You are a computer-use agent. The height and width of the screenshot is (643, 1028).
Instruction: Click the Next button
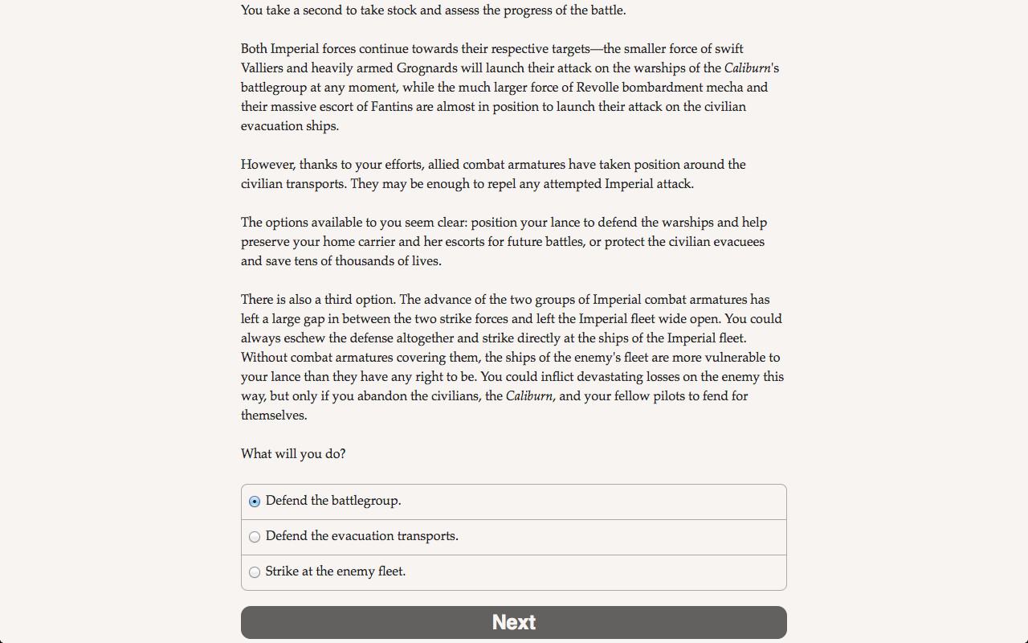pyautogui.click(x=514, y=622)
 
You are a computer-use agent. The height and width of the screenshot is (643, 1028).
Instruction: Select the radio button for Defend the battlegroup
pyautogui.click(x=255, y=502)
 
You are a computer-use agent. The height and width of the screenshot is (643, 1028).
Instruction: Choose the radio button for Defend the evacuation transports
pyautogui.click(x=255, y=537)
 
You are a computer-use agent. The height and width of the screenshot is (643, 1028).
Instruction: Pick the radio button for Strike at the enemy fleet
pyautogui.click(x=255, y=572)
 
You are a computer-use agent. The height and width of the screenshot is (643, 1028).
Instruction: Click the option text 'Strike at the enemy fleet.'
pyautogui.click(x=336, y=571)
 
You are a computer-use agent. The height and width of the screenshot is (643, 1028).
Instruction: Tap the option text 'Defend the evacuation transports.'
pyautogui.click(x=362, y=536)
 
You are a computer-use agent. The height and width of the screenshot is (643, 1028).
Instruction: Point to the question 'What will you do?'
pyautogui.click(x=293, y=454)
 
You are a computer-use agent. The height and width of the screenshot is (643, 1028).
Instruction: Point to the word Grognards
pyautogui.click(x=427, y=68)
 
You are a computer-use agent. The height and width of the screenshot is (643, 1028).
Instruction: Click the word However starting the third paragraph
pyautogui.click(x=268, y=165)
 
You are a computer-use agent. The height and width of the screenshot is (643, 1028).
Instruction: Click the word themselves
pyautogui.click(x=273, y=416)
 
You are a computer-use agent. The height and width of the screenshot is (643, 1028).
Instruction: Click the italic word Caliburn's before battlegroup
pyautogui.click(x=751, y=68)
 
